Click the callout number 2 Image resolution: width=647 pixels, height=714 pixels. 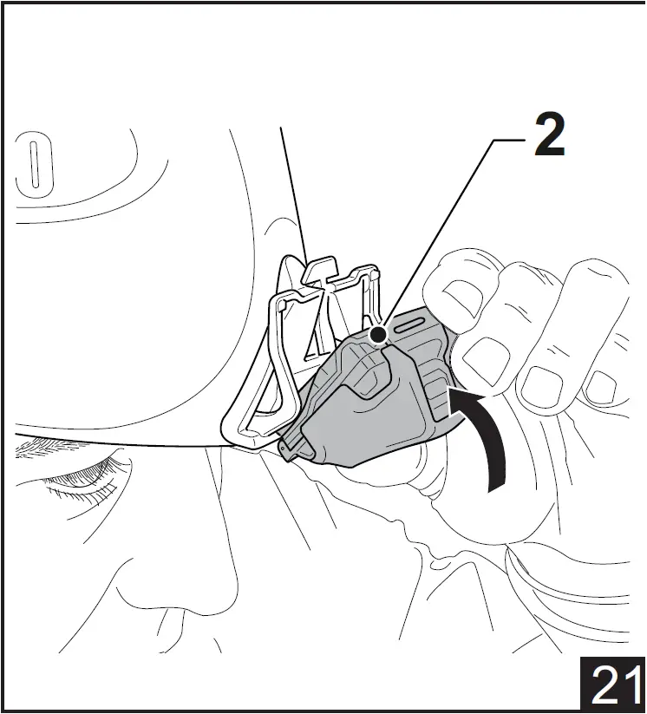[549, 134]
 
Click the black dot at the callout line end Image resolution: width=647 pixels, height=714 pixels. [378, 335]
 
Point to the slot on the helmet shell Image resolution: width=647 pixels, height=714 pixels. [34, 164]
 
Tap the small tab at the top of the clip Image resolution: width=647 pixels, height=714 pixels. [321, 269]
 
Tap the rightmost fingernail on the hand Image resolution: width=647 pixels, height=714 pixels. [601, 387]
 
